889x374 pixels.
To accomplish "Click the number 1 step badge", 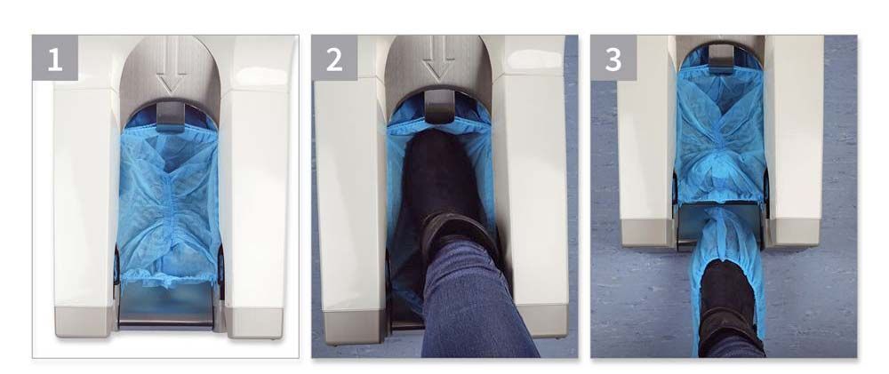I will point(55,59).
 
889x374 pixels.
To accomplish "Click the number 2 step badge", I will point(334,59).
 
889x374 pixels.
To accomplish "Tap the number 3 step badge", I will point(613,59).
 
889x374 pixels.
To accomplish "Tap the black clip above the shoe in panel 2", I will point(437,106).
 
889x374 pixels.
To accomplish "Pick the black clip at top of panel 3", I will point(721,59).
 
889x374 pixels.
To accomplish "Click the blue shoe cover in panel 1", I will point(169,204).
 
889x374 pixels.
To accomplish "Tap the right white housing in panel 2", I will point(529,187).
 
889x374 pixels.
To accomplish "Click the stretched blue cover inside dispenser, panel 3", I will point(720,133).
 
